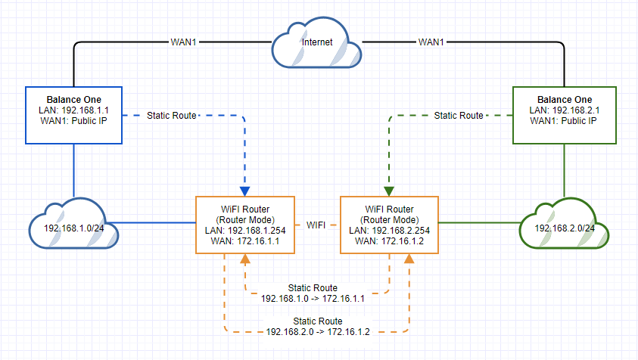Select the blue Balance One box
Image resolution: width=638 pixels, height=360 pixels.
73,115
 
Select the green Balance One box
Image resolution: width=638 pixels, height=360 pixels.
564,115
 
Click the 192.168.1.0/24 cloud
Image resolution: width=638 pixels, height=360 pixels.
73,227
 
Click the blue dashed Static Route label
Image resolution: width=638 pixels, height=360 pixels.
172,116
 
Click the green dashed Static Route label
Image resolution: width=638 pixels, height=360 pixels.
458,116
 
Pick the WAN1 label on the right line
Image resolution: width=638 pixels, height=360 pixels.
431,42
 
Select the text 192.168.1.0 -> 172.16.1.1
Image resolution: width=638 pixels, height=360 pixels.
313,299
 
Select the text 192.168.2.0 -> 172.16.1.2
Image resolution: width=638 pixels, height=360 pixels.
319,331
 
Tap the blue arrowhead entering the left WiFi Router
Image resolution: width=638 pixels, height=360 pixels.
245,191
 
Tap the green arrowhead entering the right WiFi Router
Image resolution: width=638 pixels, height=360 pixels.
389,191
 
